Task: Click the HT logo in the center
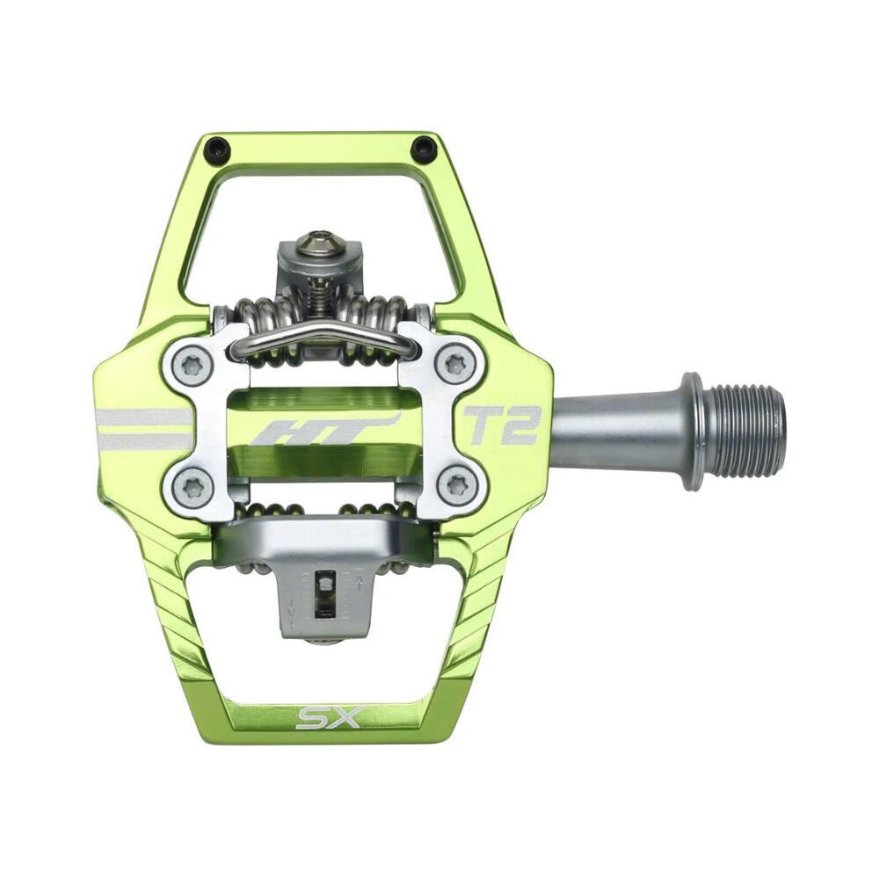[x=325, y=428]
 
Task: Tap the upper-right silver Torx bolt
[x=455, y=364]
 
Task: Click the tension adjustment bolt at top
[x=317, y=244]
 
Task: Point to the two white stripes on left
[x=143, y=428]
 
